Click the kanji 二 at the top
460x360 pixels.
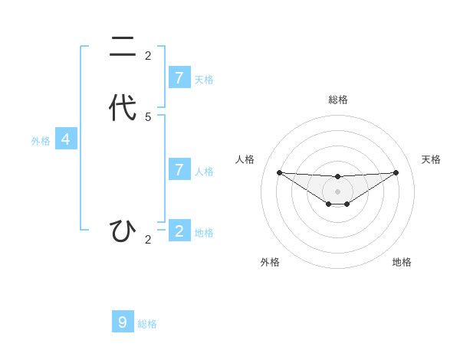123,48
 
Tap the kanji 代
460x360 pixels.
123,107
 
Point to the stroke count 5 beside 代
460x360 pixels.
148,116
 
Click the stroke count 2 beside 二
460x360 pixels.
148,55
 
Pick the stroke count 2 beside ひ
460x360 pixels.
148,240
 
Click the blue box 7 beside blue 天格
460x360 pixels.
179,77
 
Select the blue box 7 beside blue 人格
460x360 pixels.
179,169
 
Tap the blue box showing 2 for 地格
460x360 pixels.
179,231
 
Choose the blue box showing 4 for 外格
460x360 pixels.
66,139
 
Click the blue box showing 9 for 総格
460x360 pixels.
123,322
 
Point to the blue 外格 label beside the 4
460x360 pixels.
41,141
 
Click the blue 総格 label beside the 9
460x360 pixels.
147,324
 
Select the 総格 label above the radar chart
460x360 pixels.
337,100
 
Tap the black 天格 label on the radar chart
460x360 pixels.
431,159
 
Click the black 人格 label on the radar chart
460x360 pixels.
245,159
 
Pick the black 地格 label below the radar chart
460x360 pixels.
402,262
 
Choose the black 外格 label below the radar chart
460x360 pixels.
270,262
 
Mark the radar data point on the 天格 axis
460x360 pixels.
396,172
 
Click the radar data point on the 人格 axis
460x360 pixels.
279,172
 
